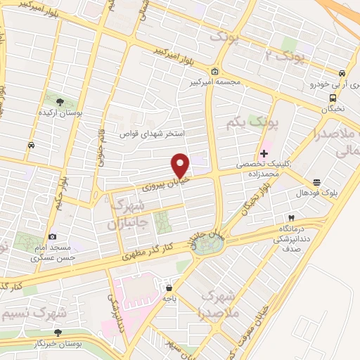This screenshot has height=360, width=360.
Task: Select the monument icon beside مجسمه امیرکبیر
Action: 214,72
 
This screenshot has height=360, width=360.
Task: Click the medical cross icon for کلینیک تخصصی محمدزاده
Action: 264,153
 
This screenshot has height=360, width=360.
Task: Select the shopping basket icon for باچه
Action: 169,287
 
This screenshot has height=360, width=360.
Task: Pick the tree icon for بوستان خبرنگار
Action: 58,332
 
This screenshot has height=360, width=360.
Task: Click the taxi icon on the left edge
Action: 31,145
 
